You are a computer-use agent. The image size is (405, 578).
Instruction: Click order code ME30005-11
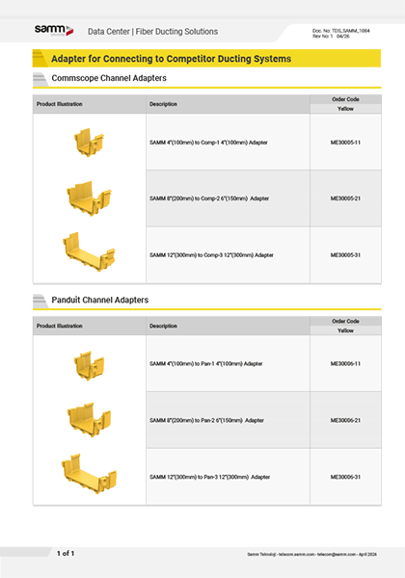[x=345, y=142]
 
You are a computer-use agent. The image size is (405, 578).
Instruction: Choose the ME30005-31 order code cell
[x=345, y=254]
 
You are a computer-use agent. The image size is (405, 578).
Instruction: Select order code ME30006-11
[x=345, y=364]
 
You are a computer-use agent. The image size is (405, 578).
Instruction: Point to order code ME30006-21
[x=345, y=420]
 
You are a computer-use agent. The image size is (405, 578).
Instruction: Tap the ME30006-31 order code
[x=345, y=477]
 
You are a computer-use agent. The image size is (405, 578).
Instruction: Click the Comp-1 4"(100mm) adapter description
[x=208, y=142]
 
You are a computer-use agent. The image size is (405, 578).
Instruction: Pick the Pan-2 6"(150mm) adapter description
[x=208, y=420]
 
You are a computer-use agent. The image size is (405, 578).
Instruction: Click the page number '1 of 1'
[x=66, y=553]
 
